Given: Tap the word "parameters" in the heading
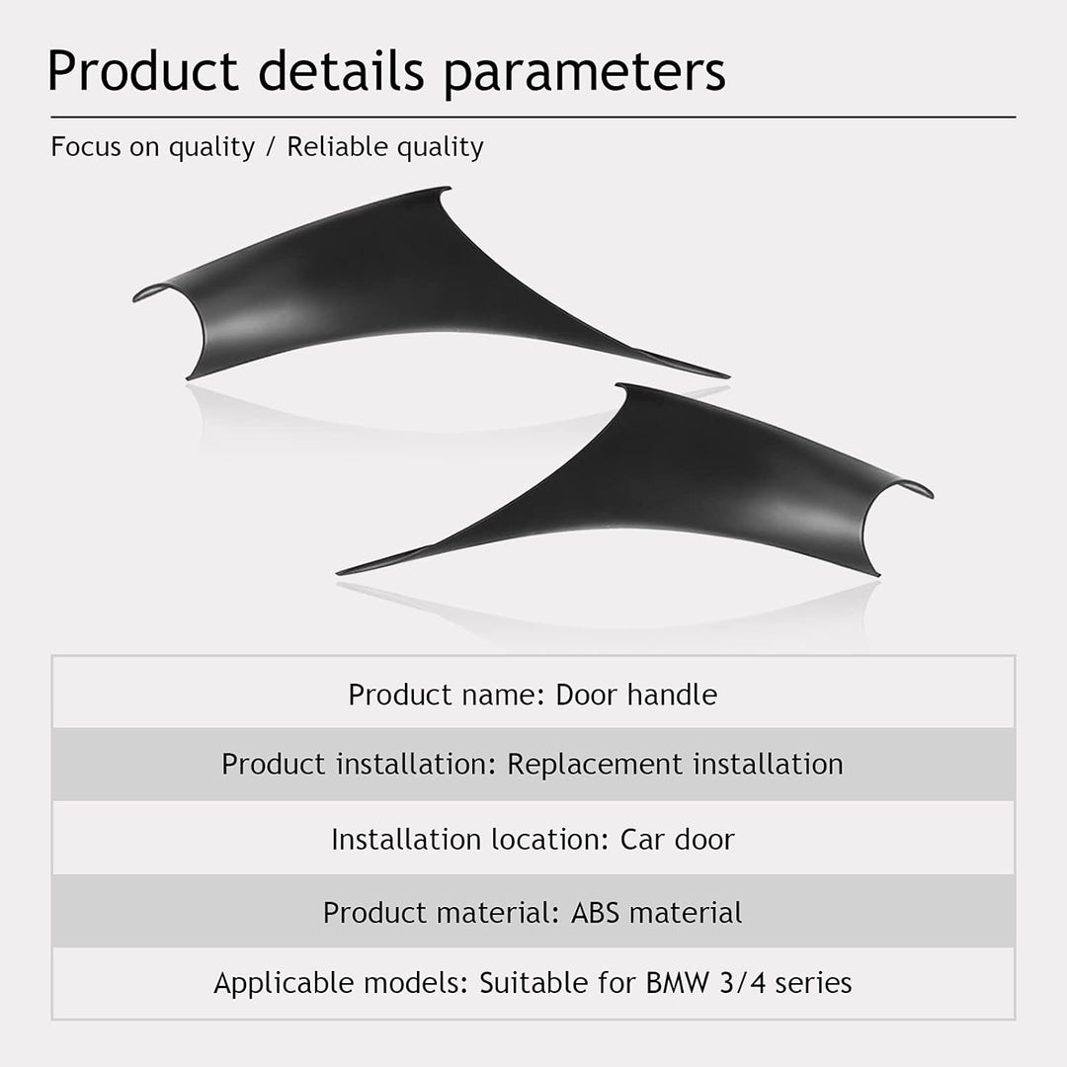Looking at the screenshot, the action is pyautogui.click(x=585, y=73).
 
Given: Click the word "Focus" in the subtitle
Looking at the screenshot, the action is pyautogui.click(x=85, y=147).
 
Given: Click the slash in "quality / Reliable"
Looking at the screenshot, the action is pyautogui.click(x=271, y=147).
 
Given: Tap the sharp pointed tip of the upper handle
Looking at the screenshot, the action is pyautogui.click(x=728, y=375).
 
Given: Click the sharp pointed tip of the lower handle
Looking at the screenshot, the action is pyautogui.click(x=338, y=573).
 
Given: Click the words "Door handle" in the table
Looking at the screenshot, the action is pyautogui.click(x=636, y=695).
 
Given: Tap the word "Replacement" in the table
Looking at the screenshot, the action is pyautogui.click(x=594, y=764).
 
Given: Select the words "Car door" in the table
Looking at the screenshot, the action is pyautogui.click(x=677, y=839).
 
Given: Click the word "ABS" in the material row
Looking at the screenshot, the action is pyautogui.click(x=595, y=913).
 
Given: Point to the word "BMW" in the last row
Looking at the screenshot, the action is pyautogui.click(x=677, y=983).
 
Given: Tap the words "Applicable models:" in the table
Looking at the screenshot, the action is pyautogui.click(x=341, y=983).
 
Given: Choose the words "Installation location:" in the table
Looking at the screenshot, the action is pyautogui.click(x=469, y=839).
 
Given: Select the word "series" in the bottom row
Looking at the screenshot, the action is pyautogui.click(x=813, y=983).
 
